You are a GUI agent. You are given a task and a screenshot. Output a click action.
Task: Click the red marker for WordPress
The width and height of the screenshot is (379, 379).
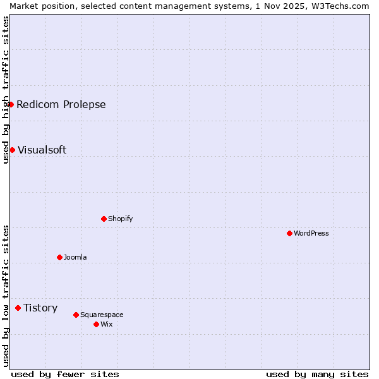click(289, 233)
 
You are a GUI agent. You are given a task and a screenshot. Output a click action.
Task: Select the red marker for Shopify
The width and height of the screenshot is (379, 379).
click(104, 219)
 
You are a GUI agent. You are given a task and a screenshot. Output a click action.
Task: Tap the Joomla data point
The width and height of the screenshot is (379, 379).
click(59, 257)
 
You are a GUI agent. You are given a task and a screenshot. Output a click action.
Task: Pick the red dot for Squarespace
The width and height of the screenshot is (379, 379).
click(76, 315)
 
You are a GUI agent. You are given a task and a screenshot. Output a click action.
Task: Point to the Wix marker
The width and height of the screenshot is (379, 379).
click(96, 324)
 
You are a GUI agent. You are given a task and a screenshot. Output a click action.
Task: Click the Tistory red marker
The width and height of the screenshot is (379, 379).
click(18, 308)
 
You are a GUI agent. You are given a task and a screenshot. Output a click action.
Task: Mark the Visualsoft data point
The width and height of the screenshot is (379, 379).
click(12, 150)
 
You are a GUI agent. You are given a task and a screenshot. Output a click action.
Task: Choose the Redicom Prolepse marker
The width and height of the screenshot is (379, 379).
click(11, 104)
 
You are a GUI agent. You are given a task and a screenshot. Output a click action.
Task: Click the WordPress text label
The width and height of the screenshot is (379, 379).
click(311, 233)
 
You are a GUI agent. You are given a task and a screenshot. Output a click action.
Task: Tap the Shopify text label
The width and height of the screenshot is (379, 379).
click(121, 219)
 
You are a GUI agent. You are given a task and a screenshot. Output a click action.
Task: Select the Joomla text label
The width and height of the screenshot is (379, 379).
click(75, 257)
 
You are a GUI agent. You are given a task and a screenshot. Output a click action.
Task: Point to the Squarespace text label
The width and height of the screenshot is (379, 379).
click(102, 315)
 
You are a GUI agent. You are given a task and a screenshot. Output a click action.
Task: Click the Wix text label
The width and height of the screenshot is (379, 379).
click(107, 324)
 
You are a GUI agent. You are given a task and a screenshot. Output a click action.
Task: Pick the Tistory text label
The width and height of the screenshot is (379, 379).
click(40, 308)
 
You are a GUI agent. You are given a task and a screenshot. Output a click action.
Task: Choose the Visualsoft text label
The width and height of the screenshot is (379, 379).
click(42, 150)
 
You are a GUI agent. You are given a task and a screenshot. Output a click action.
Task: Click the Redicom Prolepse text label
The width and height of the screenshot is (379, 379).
click(61, 104)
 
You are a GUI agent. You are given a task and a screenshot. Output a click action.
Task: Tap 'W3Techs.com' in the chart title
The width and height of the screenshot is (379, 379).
click(342, 6)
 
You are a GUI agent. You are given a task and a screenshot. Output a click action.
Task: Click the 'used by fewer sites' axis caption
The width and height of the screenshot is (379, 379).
click(65, 374)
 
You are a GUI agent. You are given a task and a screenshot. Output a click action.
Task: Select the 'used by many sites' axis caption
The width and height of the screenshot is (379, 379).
click(317, 374)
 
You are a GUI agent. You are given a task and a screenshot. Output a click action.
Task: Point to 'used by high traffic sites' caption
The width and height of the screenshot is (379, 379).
click(6, 90)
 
